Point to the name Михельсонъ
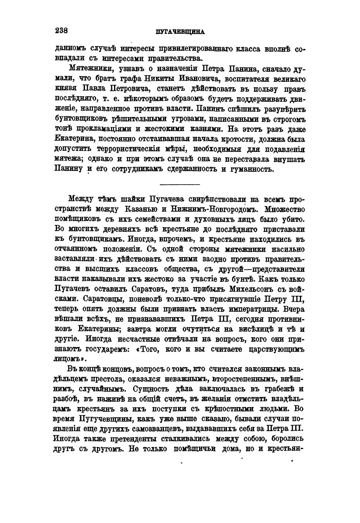(252, 289)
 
